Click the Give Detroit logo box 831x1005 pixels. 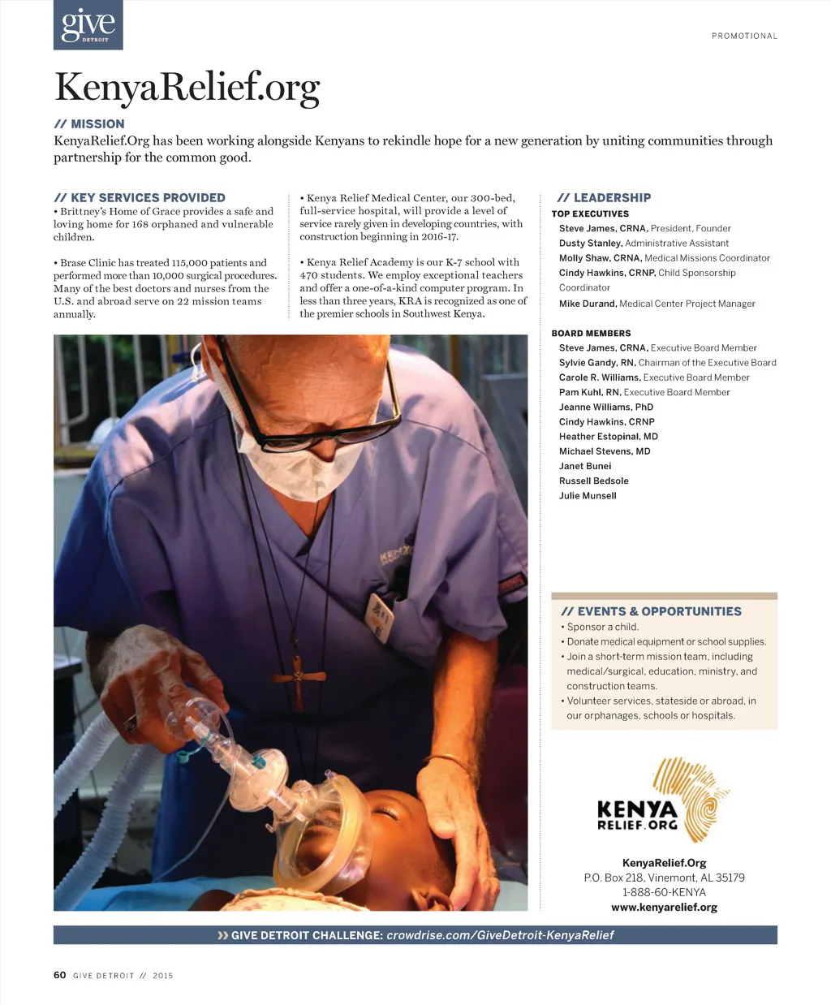pos(88,25)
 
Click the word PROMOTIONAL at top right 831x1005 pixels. pos(744,36)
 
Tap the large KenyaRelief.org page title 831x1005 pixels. pos(187,87)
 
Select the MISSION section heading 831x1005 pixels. pos(89,124)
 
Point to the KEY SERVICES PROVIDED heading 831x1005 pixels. pos(140,197)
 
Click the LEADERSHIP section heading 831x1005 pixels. pos(604,197)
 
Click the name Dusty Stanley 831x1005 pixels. pos(590,244)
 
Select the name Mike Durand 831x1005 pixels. pos(588,304)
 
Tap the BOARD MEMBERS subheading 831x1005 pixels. pos(591,333)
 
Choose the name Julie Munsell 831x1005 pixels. pos(588,496)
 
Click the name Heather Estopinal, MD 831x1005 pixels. pos(609,437)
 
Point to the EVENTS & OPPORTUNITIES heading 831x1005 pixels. pos(651,611)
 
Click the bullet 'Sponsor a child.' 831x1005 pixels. pos(603,627)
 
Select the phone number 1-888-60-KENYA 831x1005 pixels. pos(664,892)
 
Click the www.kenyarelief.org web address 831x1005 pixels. pos(664,908)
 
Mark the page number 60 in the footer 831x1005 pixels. pos(59,975)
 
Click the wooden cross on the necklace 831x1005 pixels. pos(298,676)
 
